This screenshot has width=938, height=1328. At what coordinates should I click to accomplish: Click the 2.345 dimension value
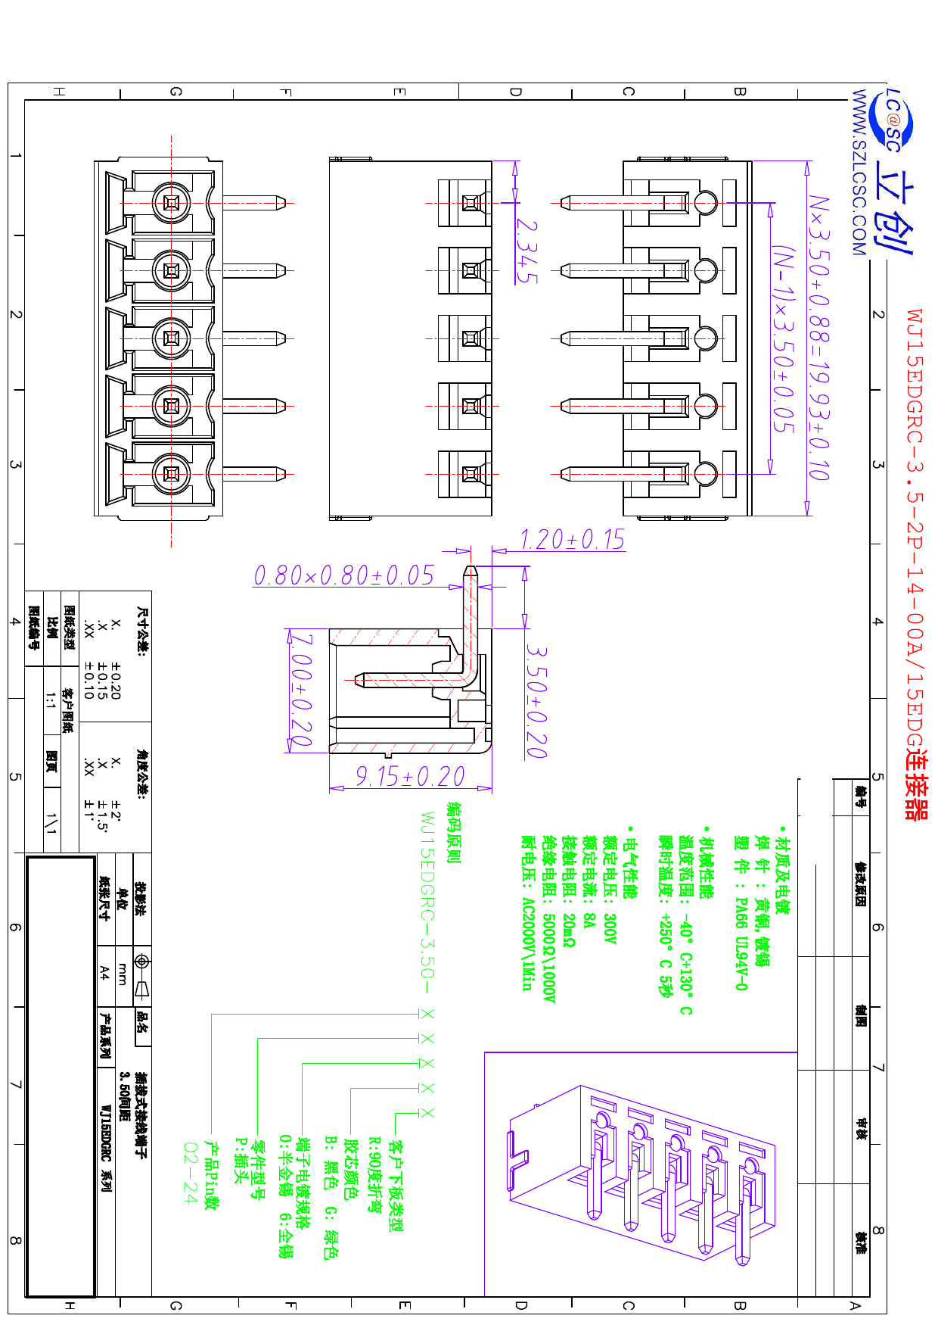point(526,251)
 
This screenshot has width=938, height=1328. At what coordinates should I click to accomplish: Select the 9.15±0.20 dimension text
point(410,776)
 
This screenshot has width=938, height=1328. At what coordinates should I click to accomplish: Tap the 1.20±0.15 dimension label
point(573,539)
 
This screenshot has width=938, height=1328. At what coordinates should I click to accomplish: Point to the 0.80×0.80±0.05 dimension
point(344,575)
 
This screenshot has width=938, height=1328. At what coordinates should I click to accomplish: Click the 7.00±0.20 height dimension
point(302,690)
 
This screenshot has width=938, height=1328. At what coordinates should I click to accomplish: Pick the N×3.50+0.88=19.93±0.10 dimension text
point(819,338)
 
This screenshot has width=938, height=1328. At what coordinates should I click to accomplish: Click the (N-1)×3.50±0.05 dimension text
point(784,338)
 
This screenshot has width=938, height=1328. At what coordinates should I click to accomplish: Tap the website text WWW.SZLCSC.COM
point(859,173)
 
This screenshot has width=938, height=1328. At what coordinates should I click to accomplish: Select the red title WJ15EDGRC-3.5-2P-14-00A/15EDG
point(915,530)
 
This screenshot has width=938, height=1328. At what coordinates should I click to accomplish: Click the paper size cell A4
point(104,973)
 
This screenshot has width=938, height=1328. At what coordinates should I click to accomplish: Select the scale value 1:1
point(51,700)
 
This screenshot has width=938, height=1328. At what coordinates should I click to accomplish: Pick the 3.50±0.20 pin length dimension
point(536,701)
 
